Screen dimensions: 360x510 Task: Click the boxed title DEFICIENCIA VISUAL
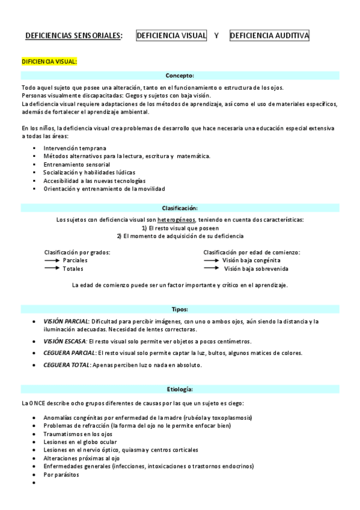[172, 36]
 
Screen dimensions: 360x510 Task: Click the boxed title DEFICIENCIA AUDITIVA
[270, 36]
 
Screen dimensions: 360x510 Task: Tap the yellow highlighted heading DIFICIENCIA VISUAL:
[49, 61]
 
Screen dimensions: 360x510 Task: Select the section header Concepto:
[180, 76]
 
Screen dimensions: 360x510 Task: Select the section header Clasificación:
[180, 207]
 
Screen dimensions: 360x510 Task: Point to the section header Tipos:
[180, 309]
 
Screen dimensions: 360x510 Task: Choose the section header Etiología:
[180, 389]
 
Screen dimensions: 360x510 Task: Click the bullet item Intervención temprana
[75, 148]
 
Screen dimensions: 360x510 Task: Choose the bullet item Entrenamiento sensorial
[76, 164]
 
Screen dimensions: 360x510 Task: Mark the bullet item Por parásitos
[61, 474]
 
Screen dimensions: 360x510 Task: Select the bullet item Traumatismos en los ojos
[78, 434]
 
